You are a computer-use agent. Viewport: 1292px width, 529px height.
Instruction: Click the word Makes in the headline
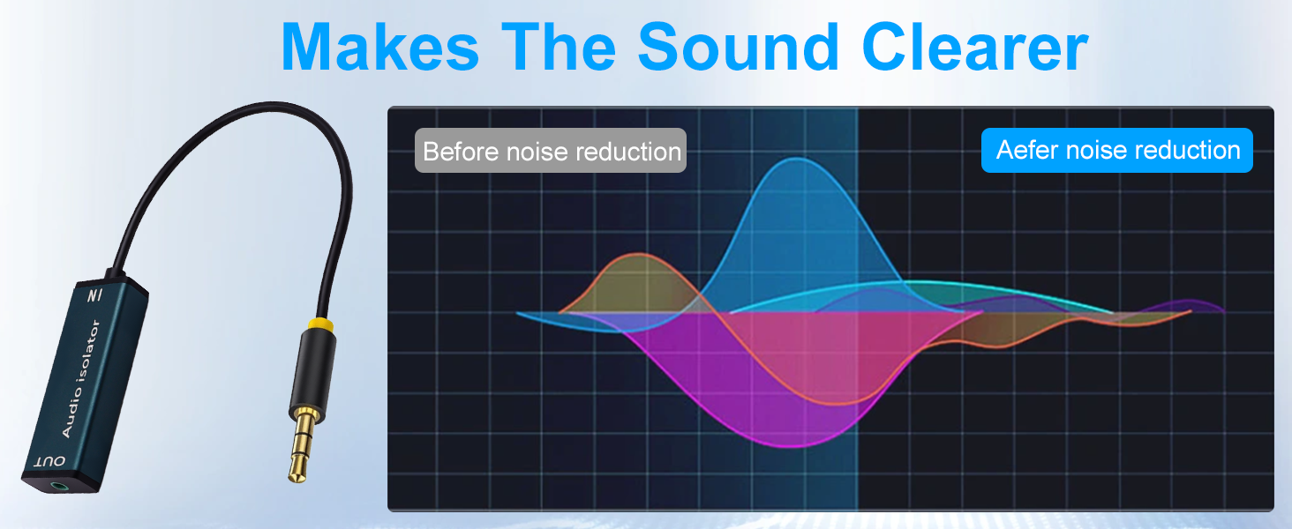(x=380, y=47)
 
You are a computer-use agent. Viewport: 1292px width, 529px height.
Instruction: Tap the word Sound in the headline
(x=738, y=47)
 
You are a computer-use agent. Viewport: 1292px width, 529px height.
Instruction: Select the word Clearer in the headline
(x=975, y=47)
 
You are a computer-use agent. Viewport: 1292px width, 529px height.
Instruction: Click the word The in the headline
(x=559, y=47)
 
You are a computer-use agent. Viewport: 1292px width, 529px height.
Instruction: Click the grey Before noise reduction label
(x=551, y=151)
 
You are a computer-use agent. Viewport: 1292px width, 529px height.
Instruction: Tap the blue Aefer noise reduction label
(x=1116, y=151)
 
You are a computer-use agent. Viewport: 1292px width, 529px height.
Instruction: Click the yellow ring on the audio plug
(x=321, y=325)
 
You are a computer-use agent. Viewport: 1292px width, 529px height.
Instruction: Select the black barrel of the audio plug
(x=313, y=369)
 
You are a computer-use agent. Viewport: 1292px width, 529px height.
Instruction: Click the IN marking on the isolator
(x=95, y=295)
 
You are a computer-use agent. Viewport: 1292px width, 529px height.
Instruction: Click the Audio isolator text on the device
(x=81, y=378)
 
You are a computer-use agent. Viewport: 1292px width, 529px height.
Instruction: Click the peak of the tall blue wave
(x=797, y=158)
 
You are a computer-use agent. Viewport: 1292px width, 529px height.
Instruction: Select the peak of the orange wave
(x=638, y=254)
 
